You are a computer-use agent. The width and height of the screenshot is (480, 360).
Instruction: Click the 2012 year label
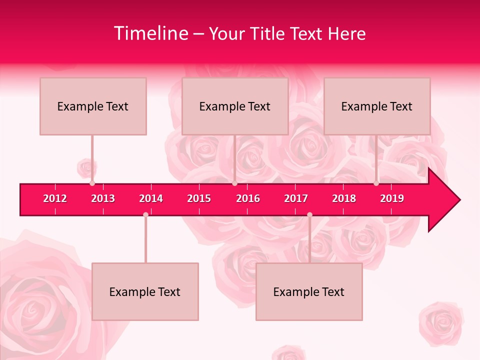(55, 198)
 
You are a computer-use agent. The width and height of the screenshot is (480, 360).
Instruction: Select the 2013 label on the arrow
(103, 198)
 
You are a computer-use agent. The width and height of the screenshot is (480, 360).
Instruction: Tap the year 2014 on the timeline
(151, 198)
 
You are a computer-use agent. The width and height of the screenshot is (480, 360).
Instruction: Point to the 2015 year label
(199, 198)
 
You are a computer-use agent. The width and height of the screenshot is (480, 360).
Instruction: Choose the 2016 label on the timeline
(248, 198)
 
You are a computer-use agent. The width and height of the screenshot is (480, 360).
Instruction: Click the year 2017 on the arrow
(296, 198)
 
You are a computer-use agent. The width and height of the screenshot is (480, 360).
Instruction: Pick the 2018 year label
(344, 198)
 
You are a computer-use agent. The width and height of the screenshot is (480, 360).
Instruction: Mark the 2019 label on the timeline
(392, 198)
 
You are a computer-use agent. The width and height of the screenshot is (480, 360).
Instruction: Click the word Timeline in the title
(150, 33)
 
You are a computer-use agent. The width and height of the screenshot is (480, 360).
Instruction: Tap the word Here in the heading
(346, 33)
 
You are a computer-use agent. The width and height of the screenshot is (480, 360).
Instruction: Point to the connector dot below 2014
(145, 214)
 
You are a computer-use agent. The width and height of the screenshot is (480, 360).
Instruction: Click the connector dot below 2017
(309, 214)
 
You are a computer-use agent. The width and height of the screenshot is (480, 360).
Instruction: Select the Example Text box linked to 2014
(145, 291)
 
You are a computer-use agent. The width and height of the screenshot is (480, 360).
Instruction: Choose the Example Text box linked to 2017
(309, 291)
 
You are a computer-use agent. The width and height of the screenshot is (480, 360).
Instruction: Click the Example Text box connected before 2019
(377, 106)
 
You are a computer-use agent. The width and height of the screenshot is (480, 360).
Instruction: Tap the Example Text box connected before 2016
(235, 106)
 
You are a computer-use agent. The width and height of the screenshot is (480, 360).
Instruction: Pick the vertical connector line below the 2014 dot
(145, 240)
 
